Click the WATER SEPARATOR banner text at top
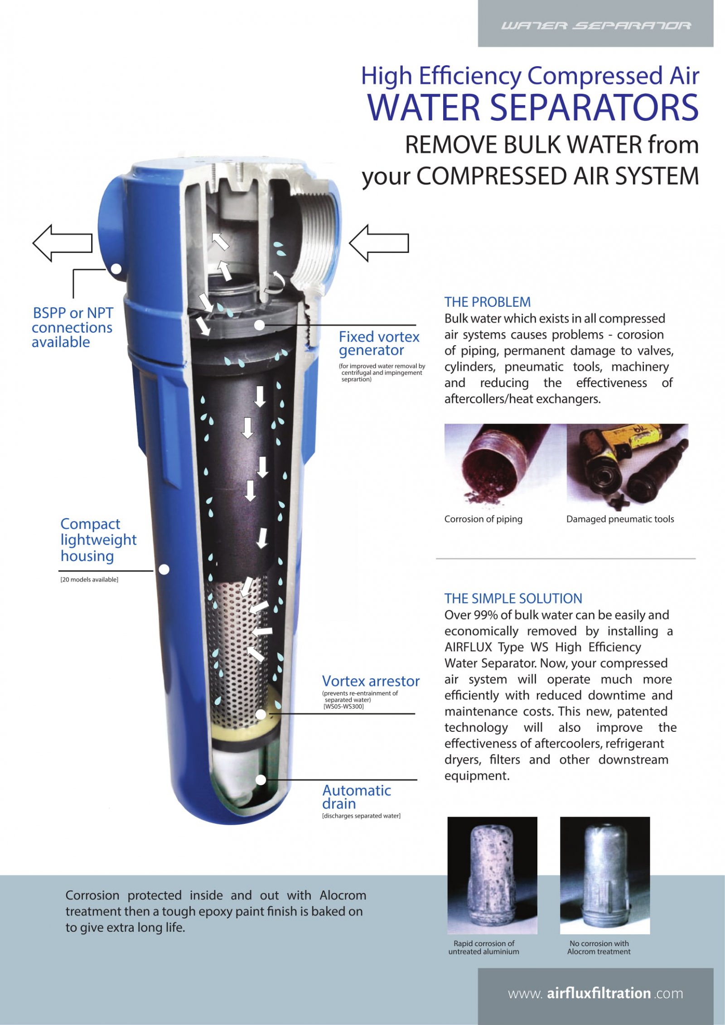[x=595, y=25]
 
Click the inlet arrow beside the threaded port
[x=379, y=243]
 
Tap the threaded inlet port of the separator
[x=315, y=236]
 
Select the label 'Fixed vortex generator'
[x=378, y=343]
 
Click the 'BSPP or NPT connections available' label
[x=72, y=327]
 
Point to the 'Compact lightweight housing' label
[x=98, y=540]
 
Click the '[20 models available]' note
[x=89, y=580]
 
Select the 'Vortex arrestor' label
[x=370, y=681]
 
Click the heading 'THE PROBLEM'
[x=487, y=302]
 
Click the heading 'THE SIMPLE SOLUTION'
[x=513, y=599]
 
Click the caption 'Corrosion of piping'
[x=483, y=519]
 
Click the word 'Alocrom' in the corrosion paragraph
[x=343, y=895]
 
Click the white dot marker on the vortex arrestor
[x=261, y=715]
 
